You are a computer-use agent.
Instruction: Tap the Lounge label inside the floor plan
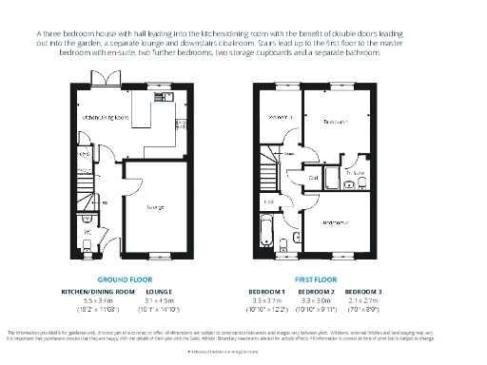154,206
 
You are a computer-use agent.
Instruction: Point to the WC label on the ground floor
86,231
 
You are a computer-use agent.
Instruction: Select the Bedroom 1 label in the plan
335,123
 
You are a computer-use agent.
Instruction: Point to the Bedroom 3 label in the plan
277,117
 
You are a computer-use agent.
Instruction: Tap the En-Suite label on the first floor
354,173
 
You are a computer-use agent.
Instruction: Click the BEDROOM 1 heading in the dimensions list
266,291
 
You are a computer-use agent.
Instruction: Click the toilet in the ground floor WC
87,245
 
